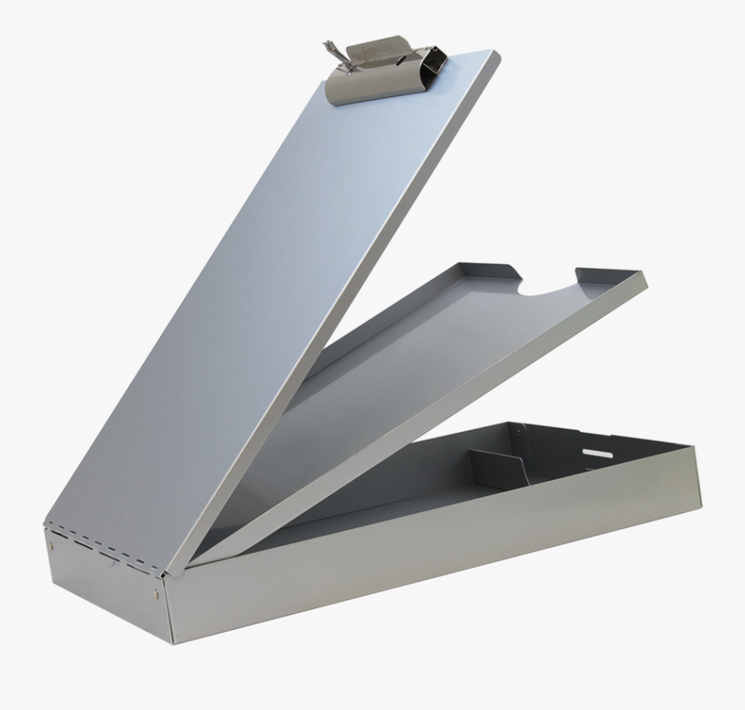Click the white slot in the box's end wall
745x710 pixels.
click(x=597, y=453)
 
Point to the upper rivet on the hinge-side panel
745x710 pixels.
click(x=53, y=545)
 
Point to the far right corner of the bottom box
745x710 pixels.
click(x=695, y=448)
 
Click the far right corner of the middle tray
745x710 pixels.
click(x=645, y=276)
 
